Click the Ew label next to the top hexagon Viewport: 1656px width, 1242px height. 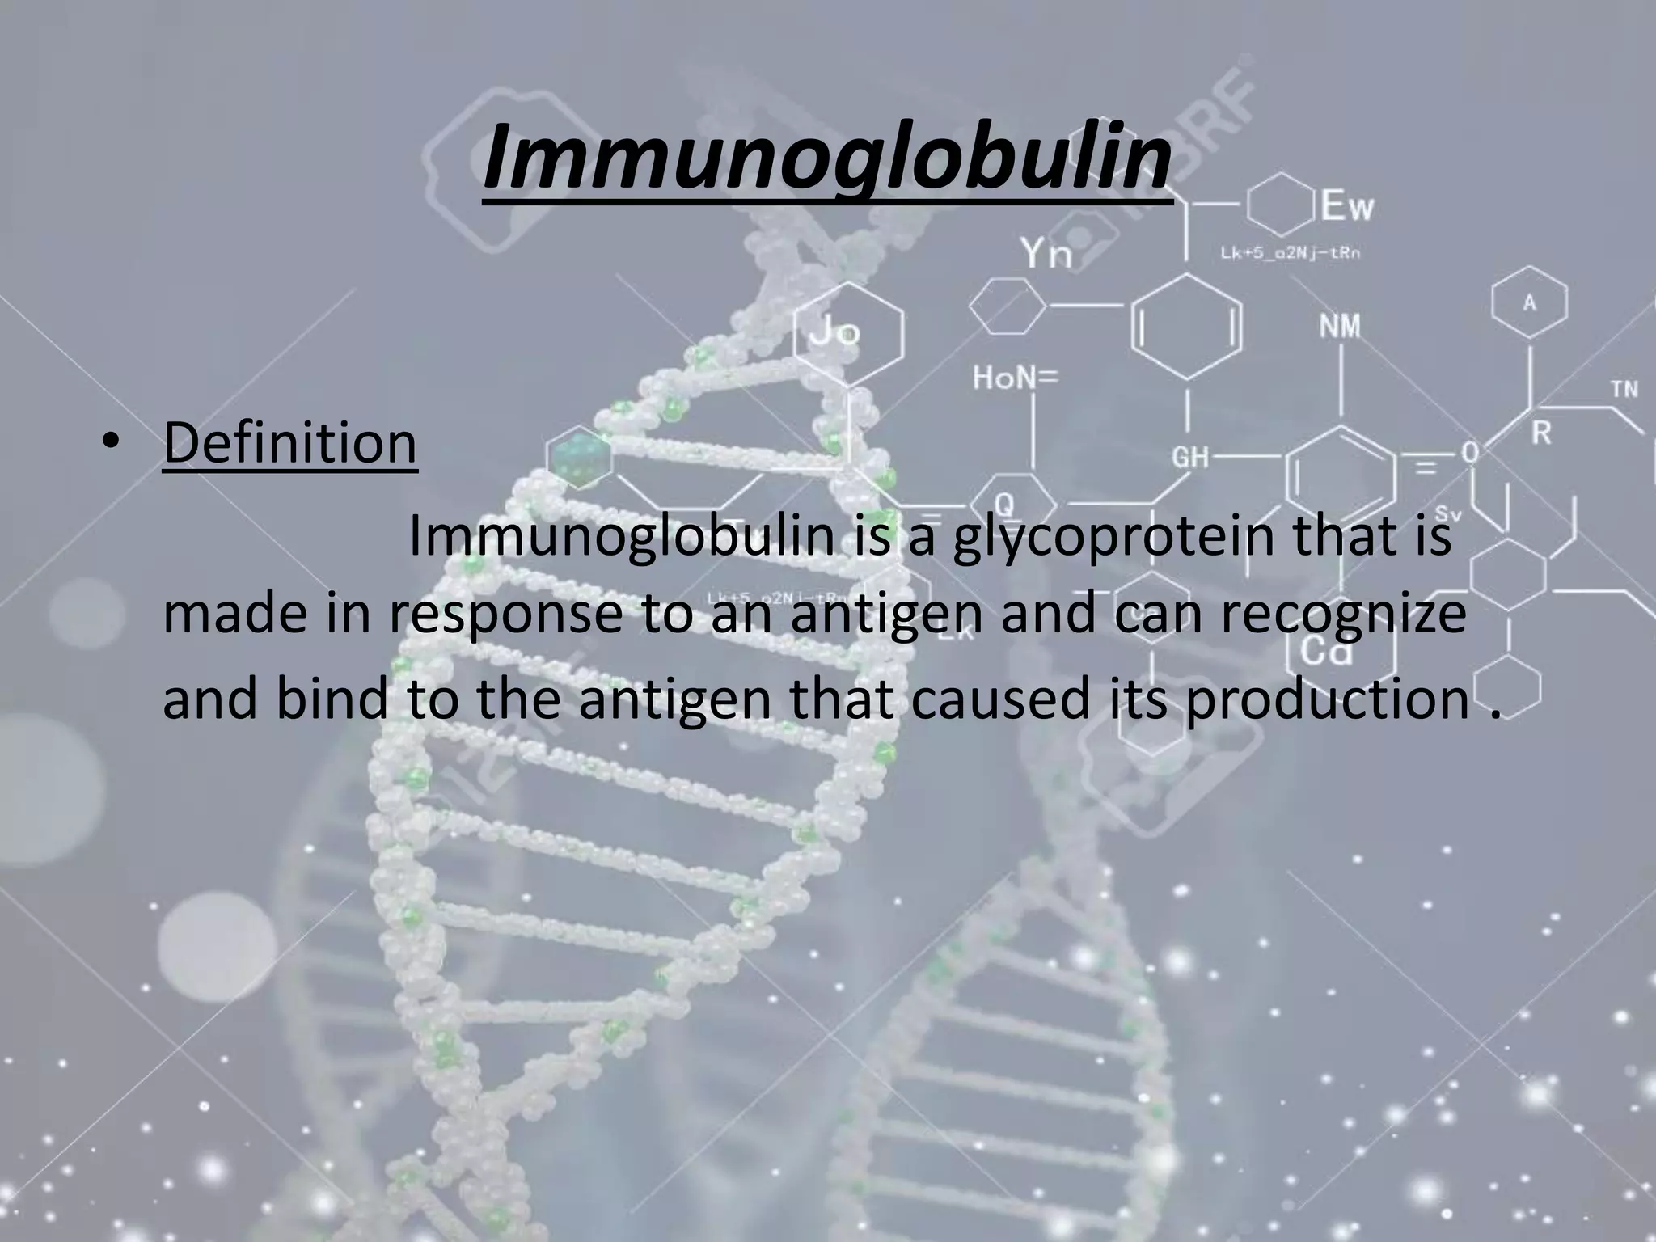pyautogui.click(x=1347, y=208)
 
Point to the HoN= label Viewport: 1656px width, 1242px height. pyautogui.click(x=1014, y=377)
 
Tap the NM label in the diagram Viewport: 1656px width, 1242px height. pyautogui.click(x=1340, y=327)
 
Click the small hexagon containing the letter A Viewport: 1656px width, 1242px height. pyautogui.click(x=1529, y=303)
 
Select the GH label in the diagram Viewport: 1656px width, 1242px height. pyautogui.click(x=1190, y=458)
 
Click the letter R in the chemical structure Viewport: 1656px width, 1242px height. pyautogui.click(x=1541, y=433)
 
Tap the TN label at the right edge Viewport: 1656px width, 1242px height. pyautogui.click(x=1624, y=389)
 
